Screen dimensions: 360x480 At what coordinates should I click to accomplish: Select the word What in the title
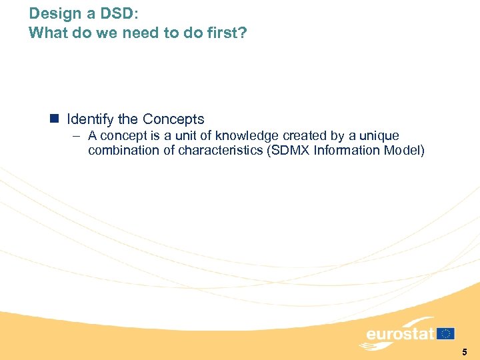48,33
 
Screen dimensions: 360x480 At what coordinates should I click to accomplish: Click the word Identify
91,120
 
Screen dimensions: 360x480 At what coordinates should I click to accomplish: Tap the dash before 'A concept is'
77,136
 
